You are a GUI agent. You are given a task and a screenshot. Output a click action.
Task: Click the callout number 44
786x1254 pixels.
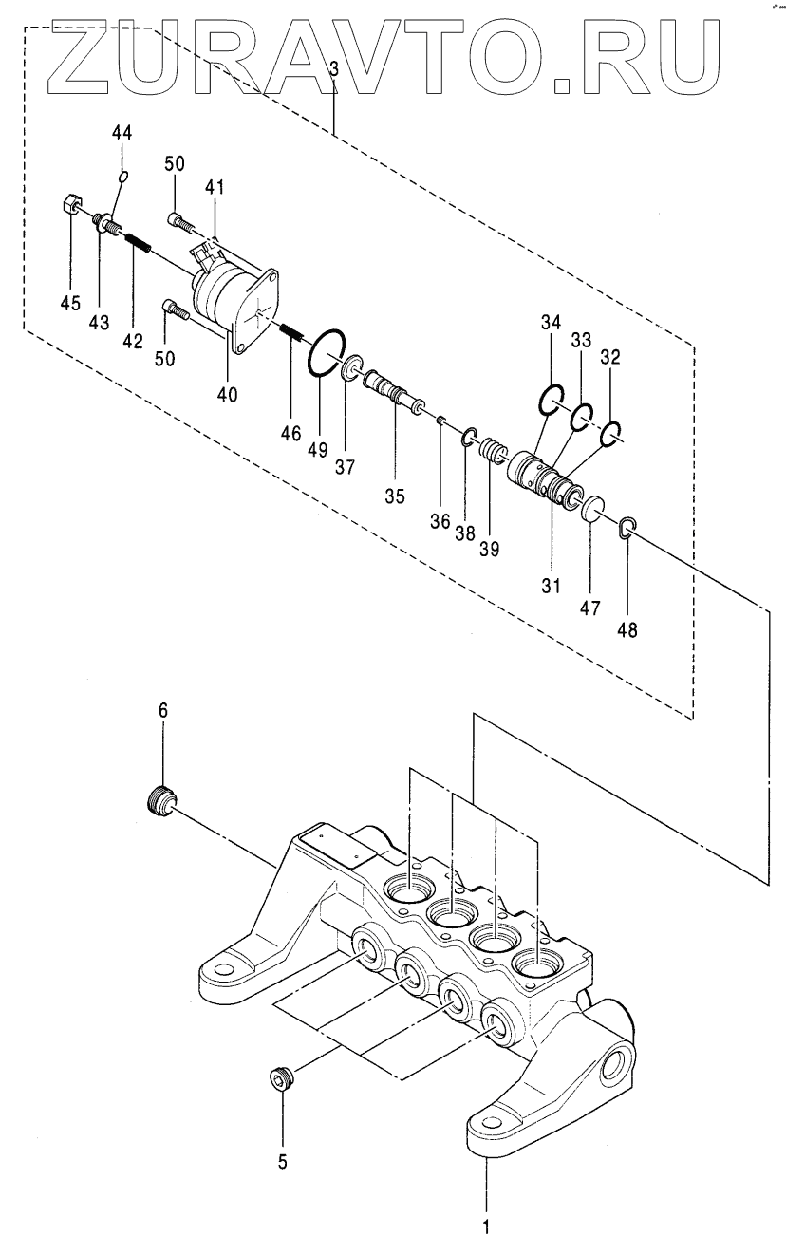click(122, 133)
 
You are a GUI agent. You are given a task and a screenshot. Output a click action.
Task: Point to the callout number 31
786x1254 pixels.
click(551, 586)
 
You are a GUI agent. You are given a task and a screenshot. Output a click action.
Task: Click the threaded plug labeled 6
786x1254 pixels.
click(161, 802)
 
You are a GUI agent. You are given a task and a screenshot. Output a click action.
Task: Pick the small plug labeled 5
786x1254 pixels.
click(280, 1075)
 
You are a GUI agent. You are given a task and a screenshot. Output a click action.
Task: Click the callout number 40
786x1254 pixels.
click(227, 395)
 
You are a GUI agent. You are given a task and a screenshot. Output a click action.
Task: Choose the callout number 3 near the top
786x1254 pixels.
click(334, 69)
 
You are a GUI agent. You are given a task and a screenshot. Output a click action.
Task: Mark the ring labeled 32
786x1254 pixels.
click(609, 435)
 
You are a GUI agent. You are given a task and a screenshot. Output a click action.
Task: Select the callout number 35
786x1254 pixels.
click(395, 496)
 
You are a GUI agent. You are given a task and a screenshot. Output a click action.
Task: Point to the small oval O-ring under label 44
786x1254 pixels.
click(123, 177)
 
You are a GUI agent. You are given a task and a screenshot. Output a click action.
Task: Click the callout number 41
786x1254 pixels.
click(214, 187)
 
